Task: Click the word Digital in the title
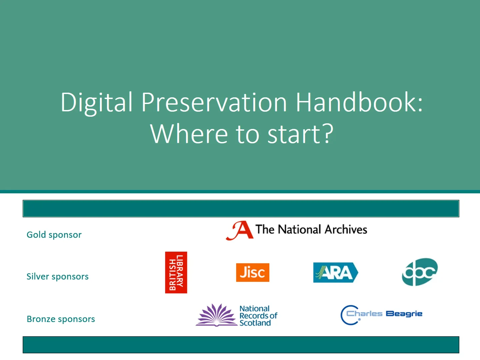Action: pyautogui.click(x=96, y=102)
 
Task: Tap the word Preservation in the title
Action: pyautogui.click(x=214, y=102)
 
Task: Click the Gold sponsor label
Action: pyautogui.click(x=54, y=235)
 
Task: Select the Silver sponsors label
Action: pyautogui.click(x=57, y=277)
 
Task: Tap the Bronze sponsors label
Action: pyautogui.click(x=61, y=319)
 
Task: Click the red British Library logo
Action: pyautogui.click(x=176, y=272)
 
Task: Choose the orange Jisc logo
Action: pyautogui.click(x=253, y=272)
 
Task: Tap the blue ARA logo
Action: pyautogui.click(x=335, y=273)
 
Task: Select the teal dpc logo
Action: pyautogui.click(x=420, y=272)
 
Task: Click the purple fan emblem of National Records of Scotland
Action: pyautogui.click(x=216, y=315)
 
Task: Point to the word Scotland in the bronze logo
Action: pyautogui.click(x=255, y=323)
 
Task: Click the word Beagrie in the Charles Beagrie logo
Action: pyautogui.click(x=404, y=314)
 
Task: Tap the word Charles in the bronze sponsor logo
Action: pyautogui.click(x=364, y=314)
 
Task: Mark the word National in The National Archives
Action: pyautogui.click(x=299, y=230)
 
